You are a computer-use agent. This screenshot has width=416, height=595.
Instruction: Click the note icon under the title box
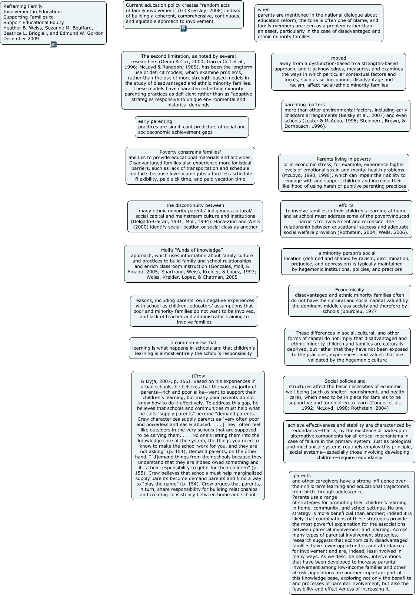(x=53, y=45)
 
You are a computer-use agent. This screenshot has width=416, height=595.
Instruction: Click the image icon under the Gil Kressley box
(x=183, y=28)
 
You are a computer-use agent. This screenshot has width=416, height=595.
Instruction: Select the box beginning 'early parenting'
(x=192, y=127)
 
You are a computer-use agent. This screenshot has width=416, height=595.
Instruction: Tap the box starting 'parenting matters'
(x=346, y=115)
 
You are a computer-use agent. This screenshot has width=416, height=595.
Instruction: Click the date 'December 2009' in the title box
(x=21, y=38)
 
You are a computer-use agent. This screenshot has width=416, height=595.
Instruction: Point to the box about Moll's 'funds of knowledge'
(x=192, y=263)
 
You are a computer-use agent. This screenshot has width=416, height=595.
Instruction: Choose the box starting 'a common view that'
(x=193, y=348)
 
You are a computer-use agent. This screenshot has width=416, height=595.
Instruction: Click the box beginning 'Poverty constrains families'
(x=190, y=165)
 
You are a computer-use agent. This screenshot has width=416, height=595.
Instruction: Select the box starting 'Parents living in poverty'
(x=343, y=172)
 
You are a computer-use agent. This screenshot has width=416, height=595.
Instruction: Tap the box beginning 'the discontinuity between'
(x=195, y=216)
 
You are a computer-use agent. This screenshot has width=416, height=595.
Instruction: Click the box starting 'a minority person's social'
(x=347, y=261)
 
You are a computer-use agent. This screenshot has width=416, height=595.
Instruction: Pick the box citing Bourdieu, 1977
(x=349, y=300)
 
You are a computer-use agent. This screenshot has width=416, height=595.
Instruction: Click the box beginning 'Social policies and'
(x=345, y=394)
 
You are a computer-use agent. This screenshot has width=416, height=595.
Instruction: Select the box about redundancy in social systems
(x=349, y=441)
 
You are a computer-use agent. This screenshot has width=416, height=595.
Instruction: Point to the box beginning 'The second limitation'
(x=188, y=80)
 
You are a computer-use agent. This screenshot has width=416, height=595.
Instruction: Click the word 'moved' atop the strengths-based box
(x=339, y=58)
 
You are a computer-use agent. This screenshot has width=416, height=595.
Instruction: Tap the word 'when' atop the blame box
(x=264, y=10)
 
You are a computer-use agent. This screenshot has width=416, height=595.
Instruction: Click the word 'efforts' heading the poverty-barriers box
(x=346, y=205)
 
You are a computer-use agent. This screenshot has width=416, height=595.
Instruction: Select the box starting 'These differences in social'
(x=347, y=346)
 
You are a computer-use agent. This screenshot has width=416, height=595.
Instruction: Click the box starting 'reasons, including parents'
(x=194, y=311)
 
